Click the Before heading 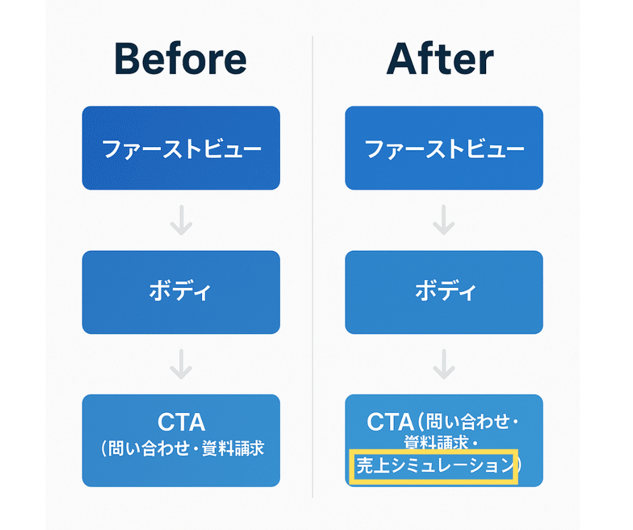pos(181,60)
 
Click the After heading pos(440,60)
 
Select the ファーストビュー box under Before pos(180,148)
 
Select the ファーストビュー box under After pos(444,148)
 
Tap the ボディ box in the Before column pos(180,292)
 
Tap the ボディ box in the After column pos(444,292)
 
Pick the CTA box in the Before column pos(180,440)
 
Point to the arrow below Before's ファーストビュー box pos(180,220)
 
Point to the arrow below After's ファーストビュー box pos(443,220)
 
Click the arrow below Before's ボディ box pos(180,364)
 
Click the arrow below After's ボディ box pos(443,364)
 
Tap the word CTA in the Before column pos(181,422)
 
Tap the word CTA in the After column pos(390,422)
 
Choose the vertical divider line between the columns pos(312,269)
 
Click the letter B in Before pos(129,60)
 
